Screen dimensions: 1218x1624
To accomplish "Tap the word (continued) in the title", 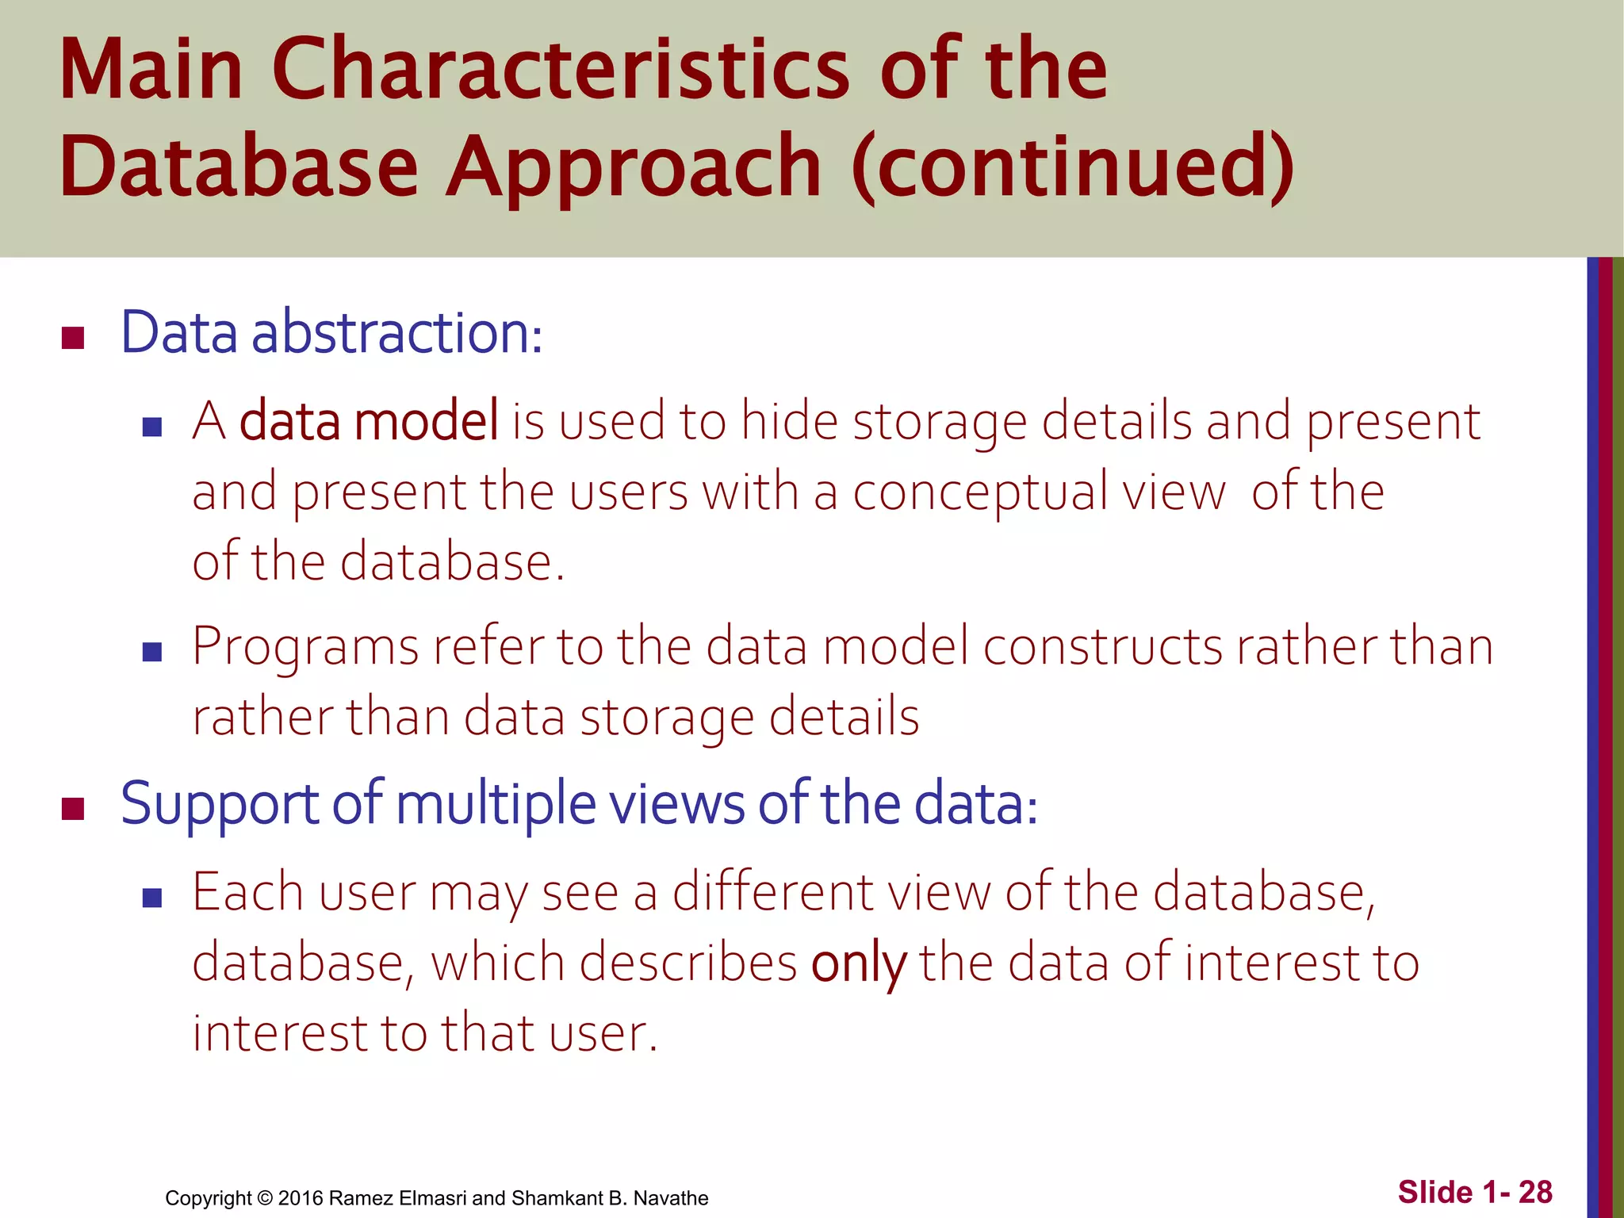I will tap(1072, 167).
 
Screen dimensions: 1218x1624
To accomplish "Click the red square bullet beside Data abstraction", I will tap(73, 339).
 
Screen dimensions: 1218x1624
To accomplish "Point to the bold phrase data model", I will tap(369, 421).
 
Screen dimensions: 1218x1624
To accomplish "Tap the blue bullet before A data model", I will tap(152, 427).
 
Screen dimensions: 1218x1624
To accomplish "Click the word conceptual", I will tap(979, 492).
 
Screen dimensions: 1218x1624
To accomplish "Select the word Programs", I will tap(305, 646).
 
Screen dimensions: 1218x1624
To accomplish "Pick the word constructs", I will tap(1102, 646).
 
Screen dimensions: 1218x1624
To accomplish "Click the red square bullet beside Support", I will tap(73, 809).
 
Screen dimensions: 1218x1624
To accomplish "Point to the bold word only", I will tap(858, 964).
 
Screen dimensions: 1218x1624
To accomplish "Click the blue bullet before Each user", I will tap(152, 898).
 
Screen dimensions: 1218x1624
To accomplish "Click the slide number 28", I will tap(1535, 1193).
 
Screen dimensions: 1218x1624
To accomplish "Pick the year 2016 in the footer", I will tap(300, 1198).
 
